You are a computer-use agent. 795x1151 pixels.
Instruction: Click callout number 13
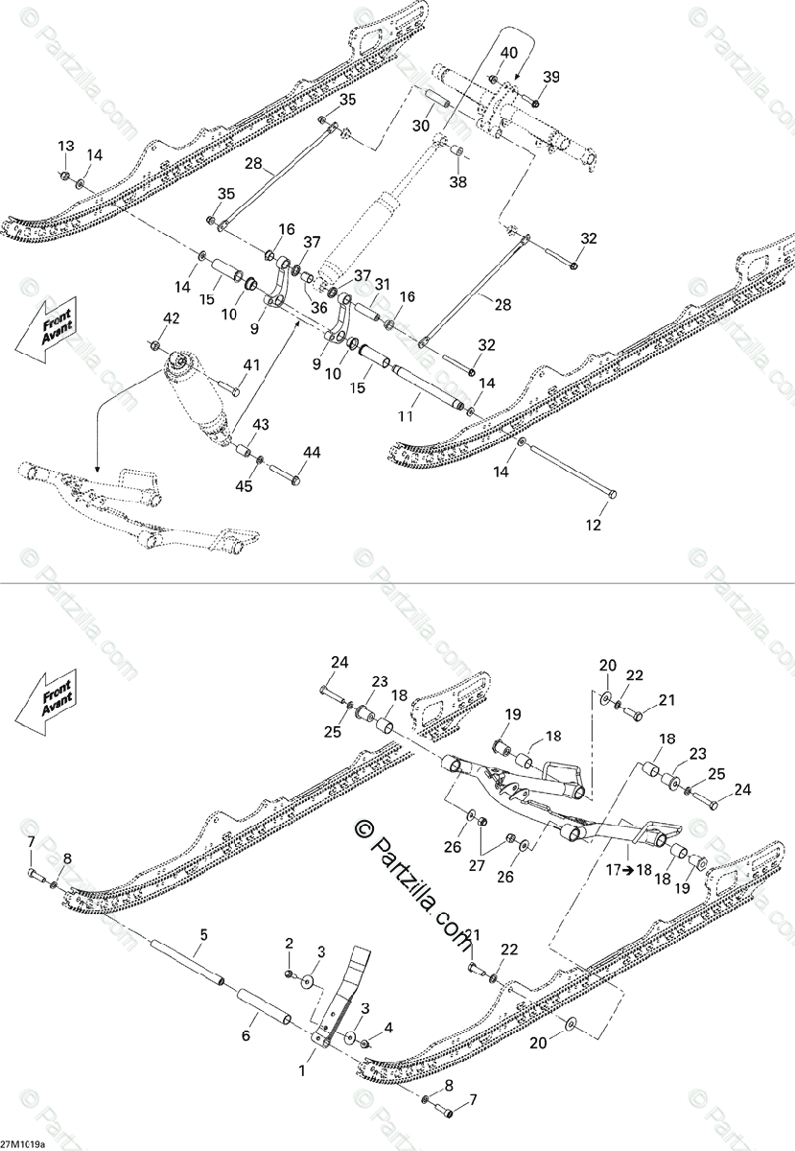[x=65, y=146]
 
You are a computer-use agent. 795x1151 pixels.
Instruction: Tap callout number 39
[x=550, y=77]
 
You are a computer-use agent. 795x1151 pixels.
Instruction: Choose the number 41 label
[x=251, y=364]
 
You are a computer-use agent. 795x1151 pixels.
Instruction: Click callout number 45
[x=245, y=486]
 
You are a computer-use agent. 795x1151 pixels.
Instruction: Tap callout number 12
[x=594, y=525]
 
